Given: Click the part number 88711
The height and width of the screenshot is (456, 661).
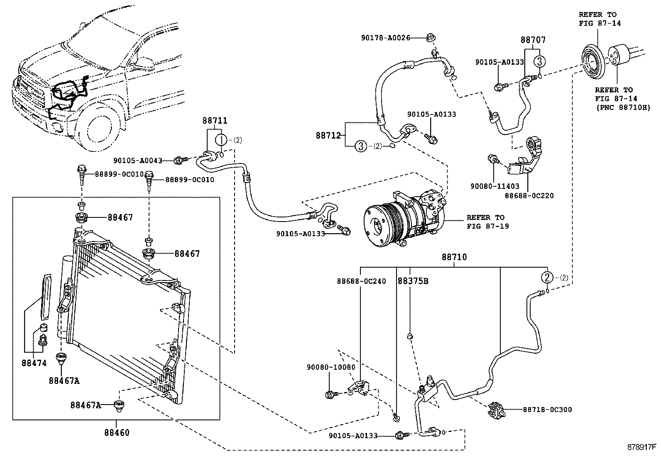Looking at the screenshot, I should pyautogui.click(x=215, y=121).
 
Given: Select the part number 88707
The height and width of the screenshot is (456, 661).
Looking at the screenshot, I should pyautogui.click(x=533, y=40).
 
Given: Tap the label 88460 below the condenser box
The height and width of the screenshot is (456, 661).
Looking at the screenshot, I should pyautogui.click(x=117, y=433).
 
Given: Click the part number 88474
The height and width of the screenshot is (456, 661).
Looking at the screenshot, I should pyautogui.click(x=34, y=363).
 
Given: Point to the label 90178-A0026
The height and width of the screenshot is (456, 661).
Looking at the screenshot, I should pyautogui.click(x=385, y=38).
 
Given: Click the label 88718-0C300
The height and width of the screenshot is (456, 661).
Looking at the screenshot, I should pyautogui.click(x=547, y=410).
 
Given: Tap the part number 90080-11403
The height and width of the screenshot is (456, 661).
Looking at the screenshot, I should pyautogui.click(x=495, y=187).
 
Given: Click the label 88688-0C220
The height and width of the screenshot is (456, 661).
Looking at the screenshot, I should pyautogui.click(x=529, y=195).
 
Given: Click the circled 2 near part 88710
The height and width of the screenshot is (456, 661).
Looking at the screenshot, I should pyautogui.click(x=547, y=277).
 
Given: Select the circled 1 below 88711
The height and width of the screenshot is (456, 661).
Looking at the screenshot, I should pyautogui.click(x=222, y=140).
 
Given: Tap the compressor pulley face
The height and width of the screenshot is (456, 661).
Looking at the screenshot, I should pyautogui.click(x=378, y=224).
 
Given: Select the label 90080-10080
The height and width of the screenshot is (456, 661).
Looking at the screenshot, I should pyautogui.click(x=331, y=367).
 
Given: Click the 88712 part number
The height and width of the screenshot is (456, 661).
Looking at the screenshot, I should pyautogui.click(x=328, y=135).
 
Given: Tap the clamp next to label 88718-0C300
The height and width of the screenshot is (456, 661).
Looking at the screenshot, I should pyautogui.click(x=496, y=410).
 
